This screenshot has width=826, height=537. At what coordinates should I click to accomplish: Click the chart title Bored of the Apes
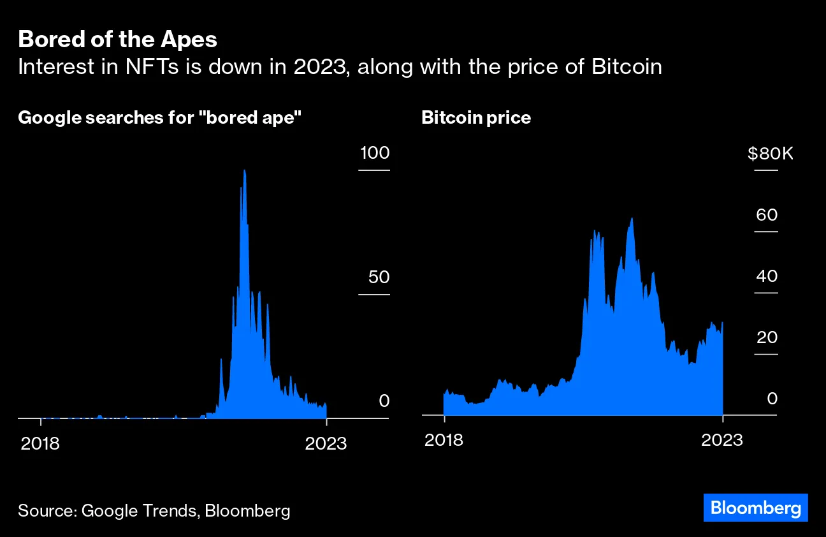118,40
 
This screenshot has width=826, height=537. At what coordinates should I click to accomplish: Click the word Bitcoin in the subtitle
627,67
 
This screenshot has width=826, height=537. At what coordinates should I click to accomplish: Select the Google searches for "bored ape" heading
159,118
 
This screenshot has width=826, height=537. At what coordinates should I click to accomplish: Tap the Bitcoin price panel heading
475,118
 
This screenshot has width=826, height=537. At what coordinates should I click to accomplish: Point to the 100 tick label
374,153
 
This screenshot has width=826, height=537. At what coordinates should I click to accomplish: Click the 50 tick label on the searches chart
378,277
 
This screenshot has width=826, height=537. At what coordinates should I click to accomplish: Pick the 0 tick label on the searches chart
384,401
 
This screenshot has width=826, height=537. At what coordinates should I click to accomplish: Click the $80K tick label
770,154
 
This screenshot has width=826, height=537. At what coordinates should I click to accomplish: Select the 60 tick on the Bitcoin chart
767,215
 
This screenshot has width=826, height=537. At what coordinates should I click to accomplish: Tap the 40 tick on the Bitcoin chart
767,276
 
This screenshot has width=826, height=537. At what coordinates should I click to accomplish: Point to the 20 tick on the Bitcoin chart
767,337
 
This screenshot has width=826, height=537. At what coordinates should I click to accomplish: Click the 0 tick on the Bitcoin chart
772,399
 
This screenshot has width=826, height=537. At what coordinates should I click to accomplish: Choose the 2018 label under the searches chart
40,443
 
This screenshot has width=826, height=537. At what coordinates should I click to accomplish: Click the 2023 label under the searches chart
326,443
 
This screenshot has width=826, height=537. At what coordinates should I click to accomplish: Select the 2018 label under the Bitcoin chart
444,441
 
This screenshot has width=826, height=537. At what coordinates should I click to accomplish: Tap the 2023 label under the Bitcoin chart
722,441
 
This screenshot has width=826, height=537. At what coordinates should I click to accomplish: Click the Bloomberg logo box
755,508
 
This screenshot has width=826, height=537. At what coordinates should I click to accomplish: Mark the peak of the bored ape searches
244,170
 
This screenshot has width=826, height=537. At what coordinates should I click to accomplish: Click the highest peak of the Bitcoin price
632,219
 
